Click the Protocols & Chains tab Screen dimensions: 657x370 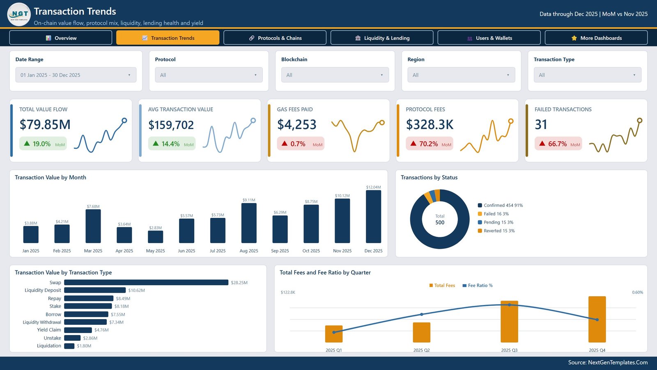tap(275, 37)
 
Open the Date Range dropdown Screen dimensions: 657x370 tap(76, 75)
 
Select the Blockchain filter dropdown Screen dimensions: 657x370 tap(335, 75)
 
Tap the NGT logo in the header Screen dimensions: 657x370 tap(19, 14)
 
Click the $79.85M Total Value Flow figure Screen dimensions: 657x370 tap(45, 124)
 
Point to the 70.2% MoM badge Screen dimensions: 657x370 tap(430, 143)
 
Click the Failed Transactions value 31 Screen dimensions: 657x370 tap(541, 124)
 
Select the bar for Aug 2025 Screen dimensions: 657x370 tap(249, 223)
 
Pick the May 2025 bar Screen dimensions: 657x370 tap(156, 237)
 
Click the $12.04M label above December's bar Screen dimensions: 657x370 tap(373, 187)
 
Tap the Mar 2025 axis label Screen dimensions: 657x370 tap(93, 251)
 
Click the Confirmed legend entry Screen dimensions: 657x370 tap(501, 205)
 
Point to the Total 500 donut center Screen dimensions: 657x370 tap(440, 220)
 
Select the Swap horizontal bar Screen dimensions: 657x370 tap(146, 282)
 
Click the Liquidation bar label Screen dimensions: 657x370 tap(49, 346)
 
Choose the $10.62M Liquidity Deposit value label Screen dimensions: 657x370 tap(136, 290)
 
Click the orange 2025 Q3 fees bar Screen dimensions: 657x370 tap(509, 321)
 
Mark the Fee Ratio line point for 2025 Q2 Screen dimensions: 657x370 tap(421, 314)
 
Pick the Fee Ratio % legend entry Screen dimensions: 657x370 tap(478, 285)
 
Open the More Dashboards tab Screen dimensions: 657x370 tap(596, 37)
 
